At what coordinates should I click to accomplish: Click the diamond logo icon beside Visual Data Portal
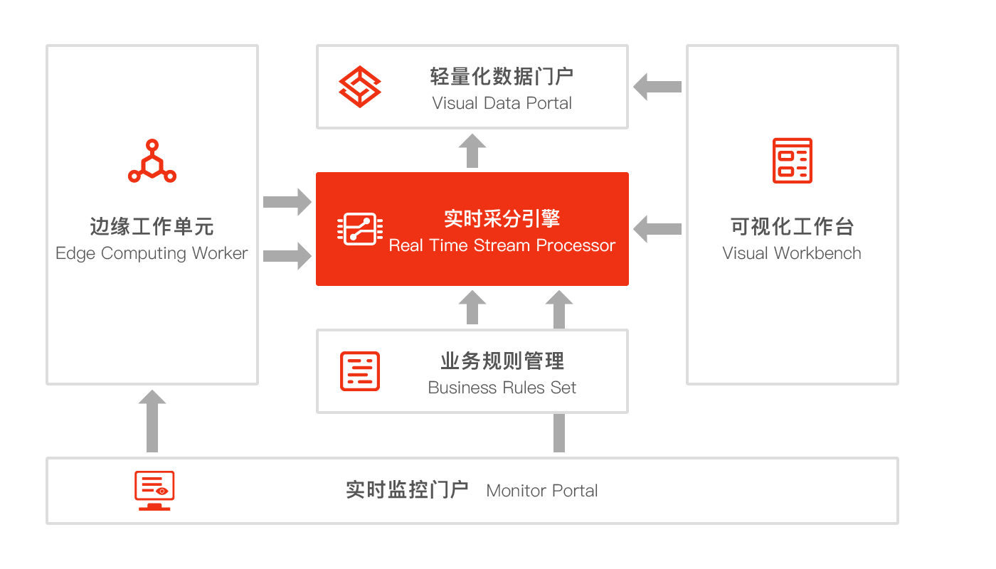click(359, 87)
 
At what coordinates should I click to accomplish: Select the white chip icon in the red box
click(360, 229)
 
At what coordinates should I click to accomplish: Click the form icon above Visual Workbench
click(793, 161)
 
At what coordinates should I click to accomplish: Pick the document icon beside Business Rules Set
click(360, 371)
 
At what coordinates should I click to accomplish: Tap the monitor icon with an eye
click(154, 491)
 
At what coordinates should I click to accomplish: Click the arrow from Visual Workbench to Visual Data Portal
click(657, 87)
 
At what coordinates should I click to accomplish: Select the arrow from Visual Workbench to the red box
click(657, 229)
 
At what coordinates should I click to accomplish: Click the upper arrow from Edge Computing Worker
click(287, 202)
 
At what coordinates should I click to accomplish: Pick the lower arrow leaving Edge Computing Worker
click(287, 256)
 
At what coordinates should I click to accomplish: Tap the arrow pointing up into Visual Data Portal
click(472, 151)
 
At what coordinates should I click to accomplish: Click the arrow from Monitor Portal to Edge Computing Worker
click(152, 421)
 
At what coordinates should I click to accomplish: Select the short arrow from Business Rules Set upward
click(472, 307)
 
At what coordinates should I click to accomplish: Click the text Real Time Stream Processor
click(502, 245)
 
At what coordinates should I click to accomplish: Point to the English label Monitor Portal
click(542, 491)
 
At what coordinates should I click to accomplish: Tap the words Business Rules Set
click(502, 388)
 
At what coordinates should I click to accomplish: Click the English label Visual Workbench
click(792, 253)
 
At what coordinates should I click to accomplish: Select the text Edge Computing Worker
click(152, 253)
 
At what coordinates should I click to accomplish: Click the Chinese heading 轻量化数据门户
click(502, 77)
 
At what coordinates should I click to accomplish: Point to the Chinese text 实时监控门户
click(407, 490)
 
